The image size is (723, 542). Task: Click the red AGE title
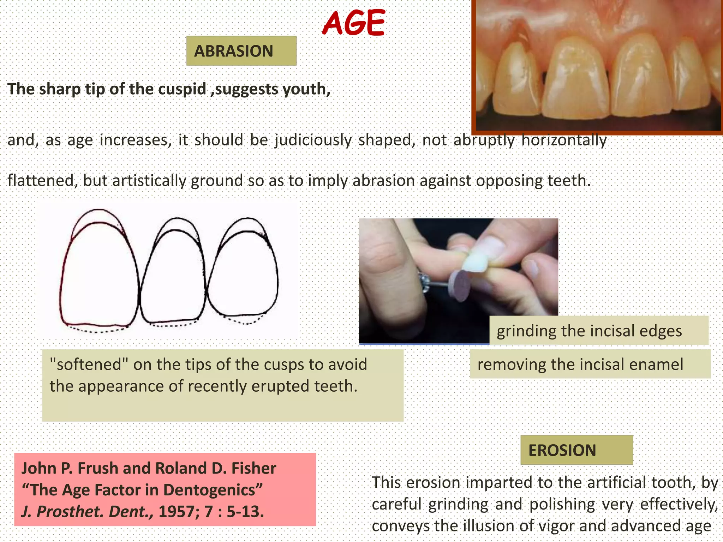pos(353,23)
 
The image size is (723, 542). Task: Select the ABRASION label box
pos(241,51)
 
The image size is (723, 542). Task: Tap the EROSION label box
pos(576,450)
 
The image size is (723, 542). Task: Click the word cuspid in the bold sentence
pos(182,89)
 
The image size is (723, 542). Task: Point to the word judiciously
pos(313,140)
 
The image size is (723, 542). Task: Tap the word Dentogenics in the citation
pos(209,490)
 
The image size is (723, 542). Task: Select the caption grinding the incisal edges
pos(589,331)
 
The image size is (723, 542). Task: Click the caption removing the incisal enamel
pos(580,364)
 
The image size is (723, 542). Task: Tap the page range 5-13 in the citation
pos(245,511)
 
